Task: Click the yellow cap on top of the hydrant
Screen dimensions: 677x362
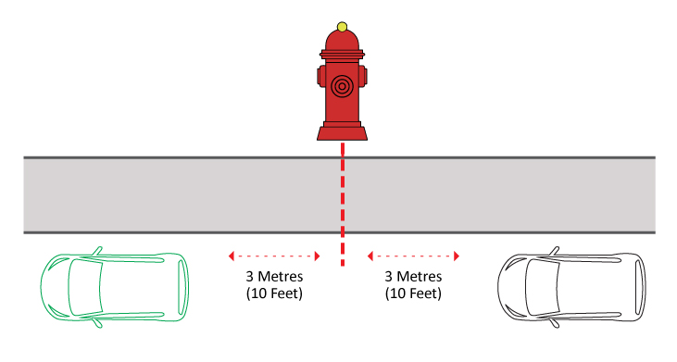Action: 342,27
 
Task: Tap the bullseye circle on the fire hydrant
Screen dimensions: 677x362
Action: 342,86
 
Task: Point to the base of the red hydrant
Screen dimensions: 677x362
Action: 342,133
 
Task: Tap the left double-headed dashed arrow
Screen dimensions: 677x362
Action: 274,256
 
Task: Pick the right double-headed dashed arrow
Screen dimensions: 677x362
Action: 413,256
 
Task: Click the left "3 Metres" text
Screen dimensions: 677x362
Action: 274,278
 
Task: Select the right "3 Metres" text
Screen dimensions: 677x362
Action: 413,278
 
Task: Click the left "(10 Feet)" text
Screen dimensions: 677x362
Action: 274,293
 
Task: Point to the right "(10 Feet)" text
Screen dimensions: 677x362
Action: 413,293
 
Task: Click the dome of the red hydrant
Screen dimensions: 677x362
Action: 342,41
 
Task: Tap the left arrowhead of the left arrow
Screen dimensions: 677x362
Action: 232,256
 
